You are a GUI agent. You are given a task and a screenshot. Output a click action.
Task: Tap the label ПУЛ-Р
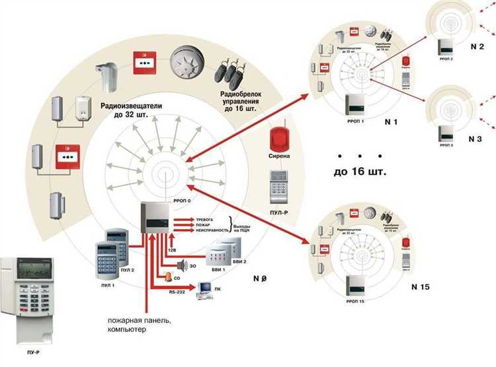pyautogui.click(x=278, y=213)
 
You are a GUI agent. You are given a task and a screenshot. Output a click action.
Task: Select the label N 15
pyautogui.click(x=421, y=286)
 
